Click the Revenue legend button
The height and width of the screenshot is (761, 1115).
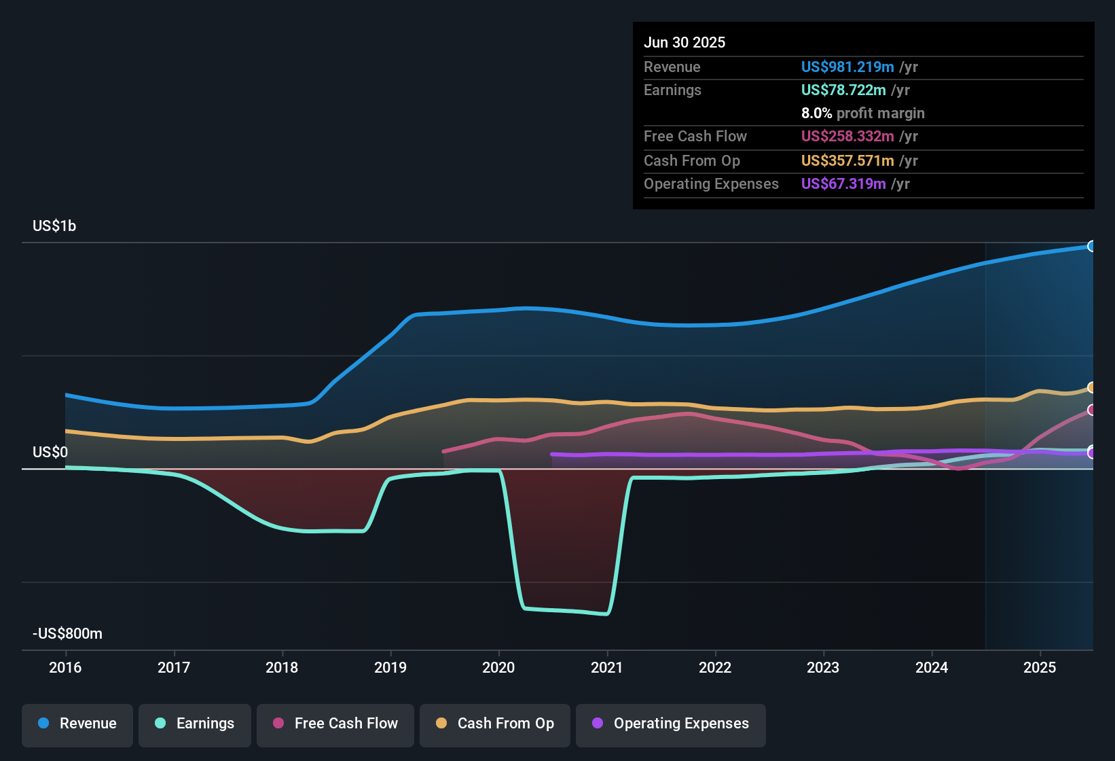tap(77, 724)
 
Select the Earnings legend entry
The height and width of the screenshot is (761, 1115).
tap(195, 724)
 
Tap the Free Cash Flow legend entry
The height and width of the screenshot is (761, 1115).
tap(335, 724)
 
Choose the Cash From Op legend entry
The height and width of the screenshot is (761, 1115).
tap(495, 724)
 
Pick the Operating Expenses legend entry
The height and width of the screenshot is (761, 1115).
tap(671, 724)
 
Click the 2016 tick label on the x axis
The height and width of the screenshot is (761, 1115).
tap(65, 667)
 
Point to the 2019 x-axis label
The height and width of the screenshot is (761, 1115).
tap(390, 667)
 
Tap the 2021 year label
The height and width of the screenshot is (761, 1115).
tap(607, 667)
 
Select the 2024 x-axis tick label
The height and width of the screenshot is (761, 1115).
tap(932, 667)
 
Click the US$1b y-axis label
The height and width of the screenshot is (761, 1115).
tap(54, 226)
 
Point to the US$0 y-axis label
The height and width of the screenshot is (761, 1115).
tap(50, 453)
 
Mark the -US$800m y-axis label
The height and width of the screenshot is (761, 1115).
tap(67, 634)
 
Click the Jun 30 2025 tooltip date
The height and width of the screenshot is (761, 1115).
tap(684, 43)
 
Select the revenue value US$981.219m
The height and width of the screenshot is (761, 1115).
tap(847, 67)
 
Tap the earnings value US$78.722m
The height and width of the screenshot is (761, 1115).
tap(843, 90)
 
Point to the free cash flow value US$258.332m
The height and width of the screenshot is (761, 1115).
tap(847, 137)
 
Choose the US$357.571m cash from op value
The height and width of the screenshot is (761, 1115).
tap(847, 161)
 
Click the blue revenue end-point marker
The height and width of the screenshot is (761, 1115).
tap(1091, 246)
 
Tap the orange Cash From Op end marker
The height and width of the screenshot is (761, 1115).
tap(1091, 387)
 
